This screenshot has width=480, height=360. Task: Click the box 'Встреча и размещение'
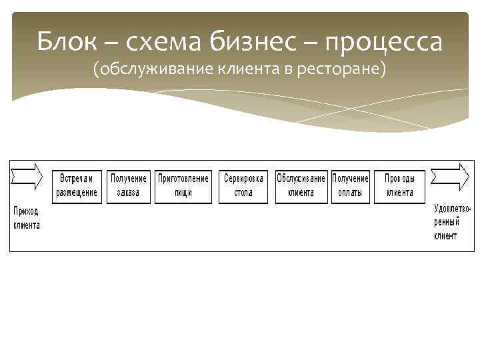tap(77, 186)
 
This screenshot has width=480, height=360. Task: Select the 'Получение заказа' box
tap(129, 186)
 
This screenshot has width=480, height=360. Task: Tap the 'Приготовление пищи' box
tap(183, 186)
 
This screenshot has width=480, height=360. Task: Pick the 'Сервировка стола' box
tap(244, 186)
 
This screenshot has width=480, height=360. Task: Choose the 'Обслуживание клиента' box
tap(301, 186)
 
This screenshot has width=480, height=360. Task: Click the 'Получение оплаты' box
tap(350, 186)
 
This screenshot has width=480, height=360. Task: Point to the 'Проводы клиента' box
tap(399, 186)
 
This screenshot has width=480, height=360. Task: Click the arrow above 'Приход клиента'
tap(27, 177)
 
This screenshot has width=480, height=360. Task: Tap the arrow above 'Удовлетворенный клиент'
tap(450, 177)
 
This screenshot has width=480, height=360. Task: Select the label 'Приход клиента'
tap(27, 217)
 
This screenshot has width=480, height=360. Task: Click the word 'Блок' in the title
tap(64, 42)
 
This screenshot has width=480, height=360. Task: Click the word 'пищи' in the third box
tap(183, 193)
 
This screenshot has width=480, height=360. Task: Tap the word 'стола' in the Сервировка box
tap(244, 193)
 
